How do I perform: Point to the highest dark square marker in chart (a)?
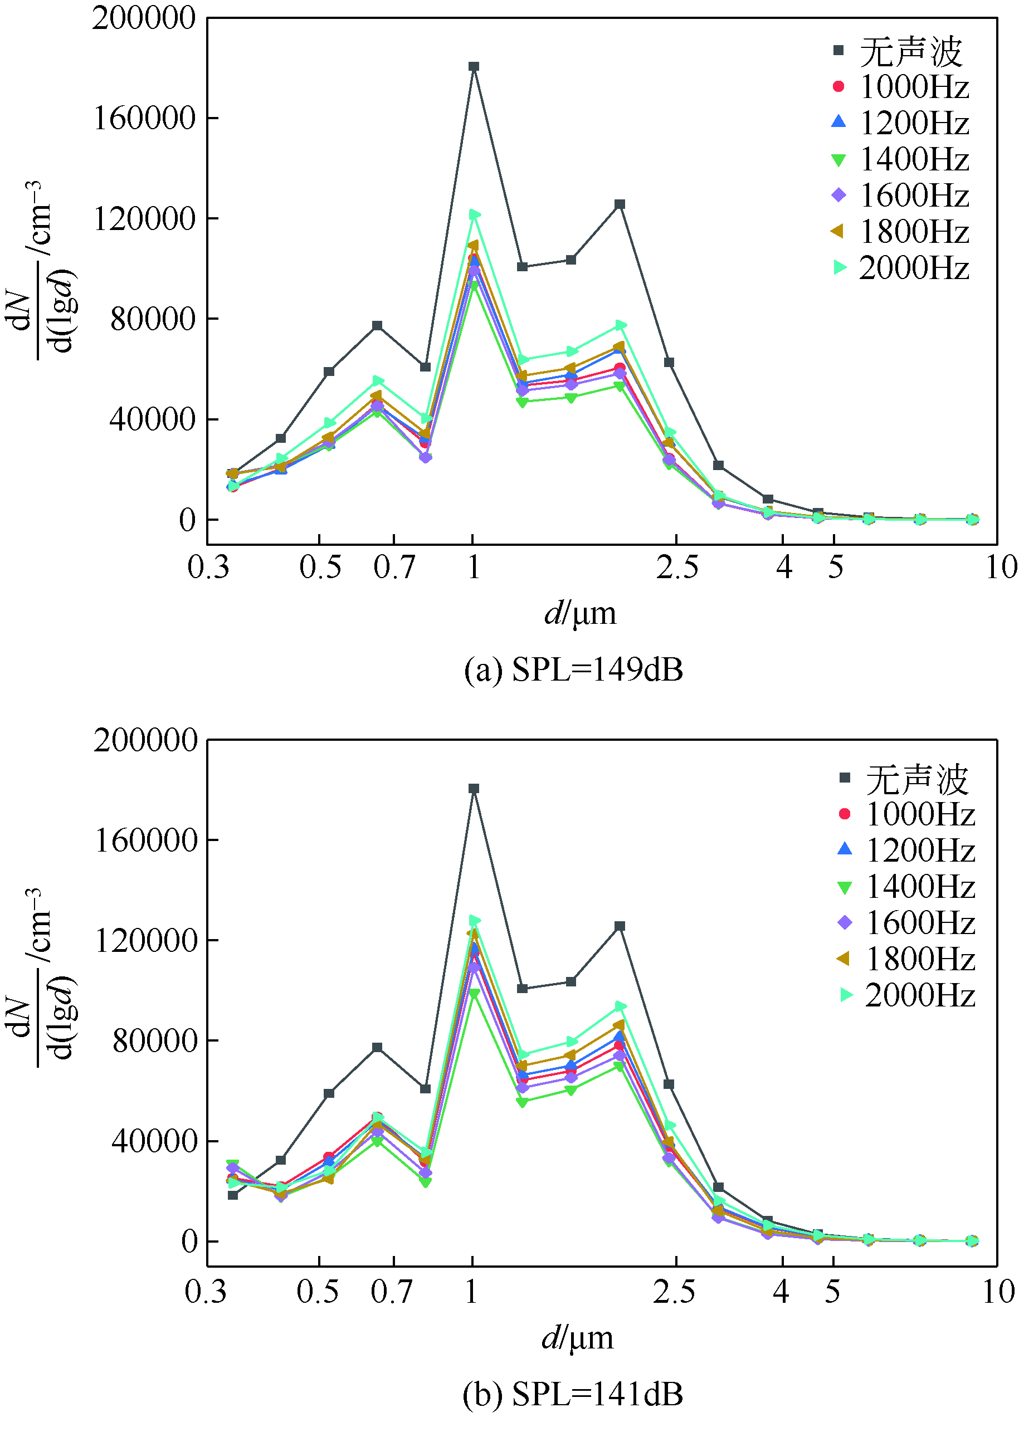coord(474,66)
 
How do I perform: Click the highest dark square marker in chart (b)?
coord(474,789)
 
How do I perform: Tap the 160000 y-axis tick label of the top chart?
coord(145,118)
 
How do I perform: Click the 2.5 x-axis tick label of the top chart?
coord(677,567)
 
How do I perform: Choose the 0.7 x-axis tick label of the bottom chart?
coord(392,1292)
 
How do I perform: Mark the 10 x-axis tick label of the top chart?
coord(1001,567)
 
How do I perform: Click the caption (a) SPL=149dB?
coord(573,670)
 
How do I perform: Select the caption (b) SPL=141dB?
coord(573,1394)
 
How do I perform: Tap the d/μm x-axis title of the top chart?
coord(580,613)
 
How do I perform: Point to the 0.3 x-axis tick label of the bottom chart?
coord(206,1292)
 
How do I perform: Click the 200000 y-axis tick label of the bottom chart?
coord(145,740)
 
